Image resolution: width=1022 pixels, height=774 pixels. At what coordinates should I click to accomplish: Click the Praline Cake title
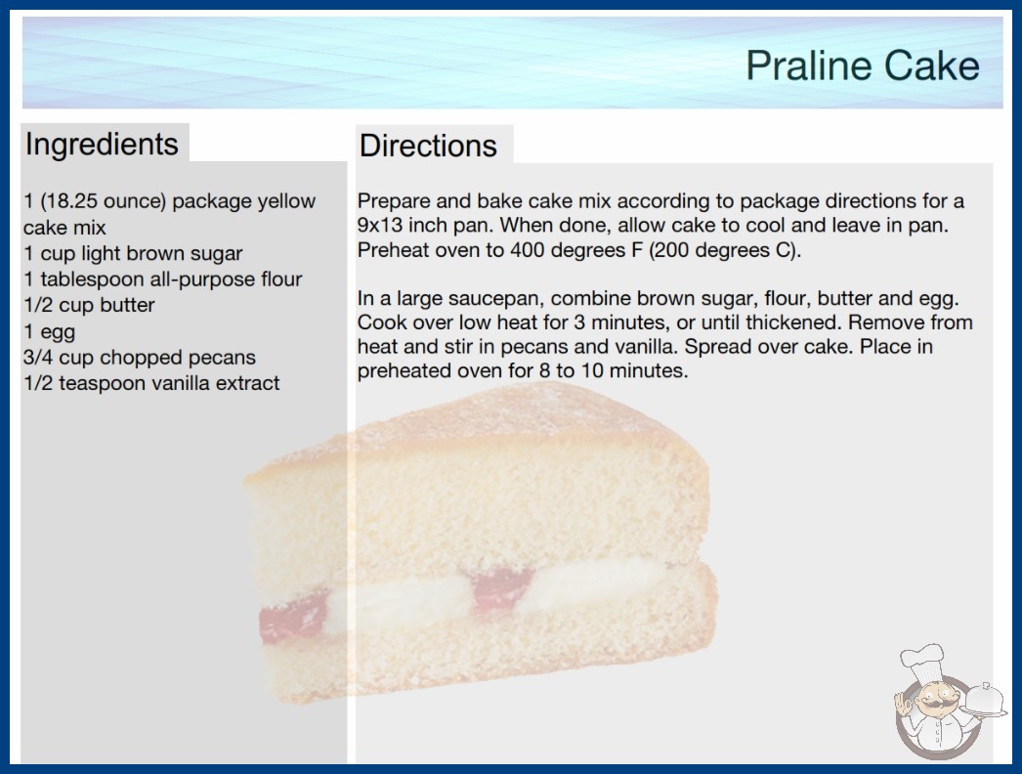point(863,65)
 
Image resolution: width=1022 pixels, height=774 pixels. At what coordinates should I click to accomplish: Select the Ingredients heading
point(102,144)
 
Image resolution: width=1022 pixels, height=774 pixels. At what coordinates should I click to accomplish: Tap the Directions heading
point(428,146)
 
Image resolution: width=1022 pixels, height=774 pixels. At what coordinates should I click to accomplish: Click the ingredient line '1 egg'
point(50,332)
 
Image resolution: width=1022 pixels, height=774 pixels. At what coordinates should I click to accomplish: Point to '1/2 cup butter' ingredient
point(89,305)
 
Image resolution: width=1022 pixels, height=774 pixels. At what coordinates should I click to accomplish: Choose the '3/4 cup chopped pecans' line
point(140,358)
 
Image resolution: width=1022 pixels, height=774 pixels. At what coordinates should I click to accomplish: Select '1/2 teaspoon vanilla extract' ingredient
point(151,383)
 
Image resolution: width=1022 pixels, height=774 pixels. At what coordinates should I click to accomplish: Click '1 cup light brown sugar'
point(133,253)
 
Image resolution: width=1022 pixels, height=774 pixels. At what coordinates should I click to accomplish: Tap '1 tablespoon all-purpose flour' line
point(163,279)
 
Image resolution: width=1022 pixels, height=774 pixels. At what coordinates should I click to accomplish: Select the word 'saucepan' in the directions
point(495,299)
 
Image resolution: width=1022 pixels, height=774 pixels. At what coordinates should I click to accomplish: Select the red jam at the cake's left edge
point(293,616)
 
